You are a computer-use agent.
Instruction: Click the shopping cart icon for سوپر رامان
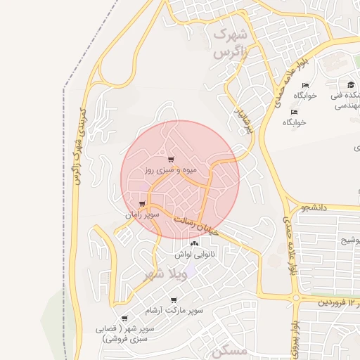[142, 203]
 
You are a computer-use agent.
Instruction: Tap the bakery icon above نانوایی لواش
[194, 243]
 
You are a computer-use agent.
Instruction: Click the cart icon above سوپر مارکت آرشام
[174, 300]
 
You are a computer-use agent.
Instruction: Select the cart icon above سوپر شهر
[125, 318]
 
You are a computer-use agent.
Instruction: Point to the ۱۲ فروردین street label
[337, 302]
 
